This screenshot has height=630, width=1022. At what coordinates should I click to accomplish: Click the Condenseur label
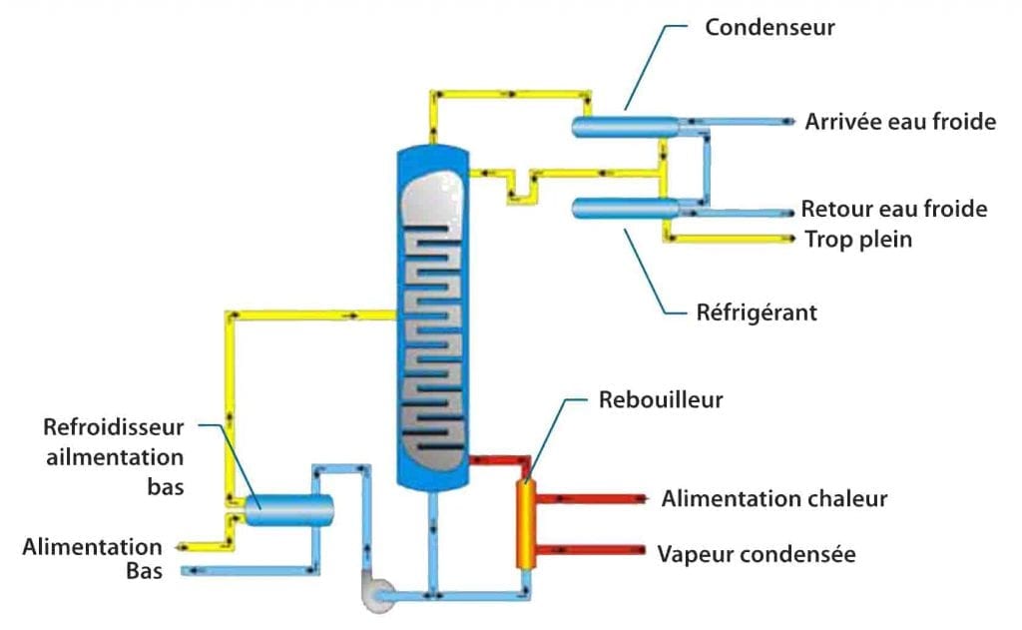[769, 27]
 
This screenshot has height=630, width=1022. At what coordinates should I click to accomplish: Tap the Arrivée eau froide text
[900, 122]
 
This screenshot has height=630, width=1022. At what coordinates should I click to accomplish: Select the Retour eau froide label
[894, 209]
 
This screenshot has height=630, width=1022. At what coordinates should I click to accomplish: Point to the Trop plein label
[858, 240]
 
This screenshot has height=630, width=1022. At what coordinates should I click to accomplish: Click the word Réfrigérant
[757, 313]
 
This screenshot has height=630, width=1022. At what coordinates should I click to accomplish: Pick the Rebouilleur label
[661, 400]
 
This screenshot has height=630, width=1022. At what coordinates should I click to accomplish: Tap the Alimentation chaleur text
[773, 498]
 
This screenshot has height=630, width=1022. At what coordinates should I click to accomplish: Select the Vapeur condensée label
[756, 553]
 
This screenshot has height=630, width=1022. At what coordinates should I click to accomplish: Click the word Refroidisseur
[114, 427]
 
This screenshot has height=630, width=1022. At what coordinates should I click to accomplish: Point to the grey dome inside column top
[431, 205]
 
